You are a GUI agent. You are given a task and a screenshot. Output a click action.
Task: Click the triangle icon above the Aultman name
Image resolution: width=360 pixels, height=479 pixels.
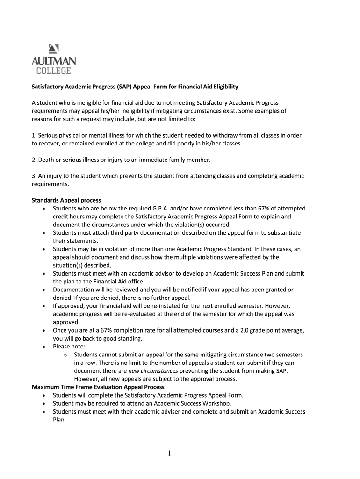(x=53, y=48)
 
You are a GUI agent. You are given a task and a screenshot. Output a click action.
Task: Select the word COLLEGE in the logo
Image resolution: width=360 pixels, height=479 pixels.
(x=54, y=71)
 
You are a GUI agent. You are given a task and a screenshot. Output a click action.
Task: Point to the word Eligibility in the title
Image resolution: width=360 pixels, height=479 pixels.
(x=222, y=87)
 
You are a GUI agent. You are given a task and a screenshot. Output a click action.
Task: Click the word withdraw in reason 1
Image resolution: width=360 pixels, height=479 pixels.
(x=216, y=135)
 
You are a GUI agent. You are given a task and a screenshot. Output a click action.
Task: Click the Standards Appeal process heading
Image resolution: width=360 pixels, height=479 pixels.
(x=66, y=200)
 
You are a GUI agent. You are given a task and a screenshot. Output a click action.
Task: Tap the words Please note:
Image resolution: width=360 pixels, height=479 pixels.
(x=69, y=347)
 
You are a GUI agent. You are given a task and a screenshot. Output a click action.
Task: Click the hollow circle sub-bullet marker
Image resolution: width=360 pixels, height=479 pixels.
(x=65, y=355)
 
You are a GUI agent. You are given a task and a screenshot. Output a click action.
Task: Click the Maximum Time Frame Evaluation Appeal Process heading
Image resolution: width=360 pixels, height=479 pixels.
(x=98, y=387)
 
